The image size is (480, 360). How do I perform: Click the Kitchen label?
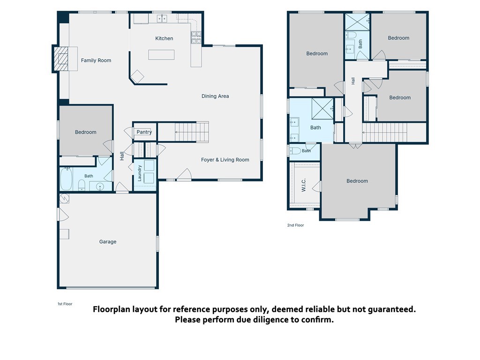(164, 38)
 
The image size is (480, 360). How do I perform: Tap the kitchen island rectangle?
(161, 55)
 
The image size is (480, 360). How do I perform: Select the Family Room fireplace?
(61, 59)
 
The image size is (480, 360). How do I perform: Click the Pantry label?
(144, 132)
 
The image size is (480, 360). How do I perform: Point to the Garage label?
(108, 241)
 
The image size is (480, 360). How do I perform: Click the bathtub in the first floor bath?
(66, 179)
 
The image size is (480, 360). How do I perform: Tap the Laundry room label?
(140, 173)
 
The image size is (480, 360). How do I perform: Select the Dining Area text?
(215, 96)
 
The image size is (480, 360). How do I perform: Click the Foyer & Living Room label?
(225, 159)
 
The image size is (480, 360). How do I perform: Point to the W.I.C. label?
(304, 185)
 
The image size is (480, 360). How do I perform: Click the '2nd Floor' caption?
(295, 225)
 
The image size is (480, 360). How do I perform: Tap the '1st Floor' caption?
(65, 304)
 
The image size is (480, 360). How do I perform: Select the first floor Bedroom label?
(86, 132)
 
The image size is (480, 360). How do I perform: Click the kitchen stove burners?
(196, 37)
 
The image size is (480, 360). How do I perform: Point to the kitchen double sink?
(162, 18)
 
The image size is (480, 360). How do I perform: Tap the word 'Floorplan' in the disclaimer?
(112, 309)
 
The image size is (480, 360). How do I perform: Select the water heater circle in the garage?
(65, 199)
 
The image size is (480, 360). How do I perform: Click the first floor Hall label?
(122, 156)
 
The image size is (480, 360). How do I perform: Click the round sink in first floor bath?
(100, 186)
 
